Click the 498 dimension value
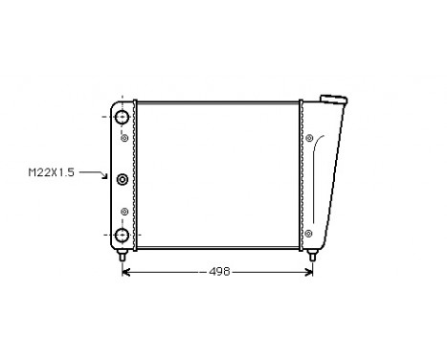219,272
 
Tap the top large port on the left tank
122,118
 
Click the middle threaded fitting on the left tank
122,178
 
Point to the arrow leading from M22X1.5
94,173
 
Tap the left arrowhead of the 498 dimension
128,272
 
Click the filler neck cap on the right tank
332,99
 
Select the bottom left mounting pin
123,256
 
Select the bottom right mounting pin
314,256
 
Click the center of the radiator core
218,172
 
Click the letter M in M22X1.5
30,172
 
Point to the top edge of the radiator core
218,98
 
